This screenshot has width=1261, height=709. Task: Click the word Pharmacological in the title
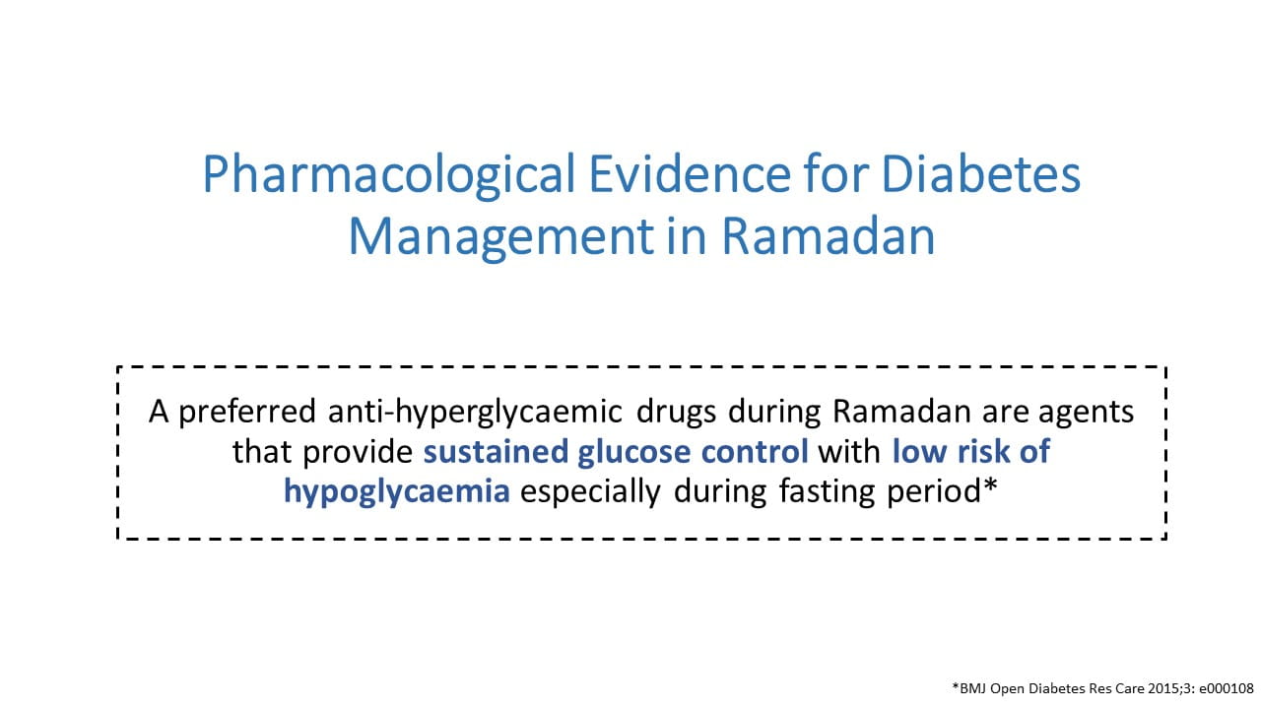pyautogui.click(x=389, y=175)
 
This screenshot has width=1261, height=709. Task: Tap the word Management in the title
pyautogui.click(x=501, y=237)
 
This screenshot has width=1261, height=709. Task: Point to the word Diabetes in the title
pyautogui.click(x=980, y=173)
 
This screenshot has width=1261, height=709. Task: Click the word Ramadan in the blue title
pyautogui.click(x=829, y=235)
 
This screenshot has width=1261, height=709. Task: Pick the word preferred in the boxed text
pyautogui.click(x=247, y=412)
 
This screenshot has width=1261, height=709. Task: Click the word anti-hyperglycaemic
pyautogui.click(x=475, y=412)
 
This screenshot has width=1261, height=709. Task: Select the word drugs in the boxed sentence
pyautogui.click(x=676, y=412)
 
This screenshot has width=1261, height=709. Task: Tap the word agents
pyautogui.click(x=1086, y=413)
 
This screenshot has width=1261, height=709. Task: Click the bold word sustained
pyautogui.click(x=496, y=451)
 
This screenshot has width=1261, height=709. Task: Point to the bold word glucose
pyautogui.click(x=634, y=452)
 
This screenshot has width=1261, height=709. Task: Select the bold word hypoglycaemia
pyautogui.click(x=397, y=491)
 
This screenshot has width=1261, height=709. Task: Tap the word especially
pyautogui.click(x=590, y=491)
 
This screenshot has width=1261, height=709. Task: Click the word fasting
pyautogui.click(x=827, y=491)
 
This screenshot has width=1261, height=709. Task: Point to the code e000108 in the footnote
pyautogui.click(x=1227, y=688)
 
